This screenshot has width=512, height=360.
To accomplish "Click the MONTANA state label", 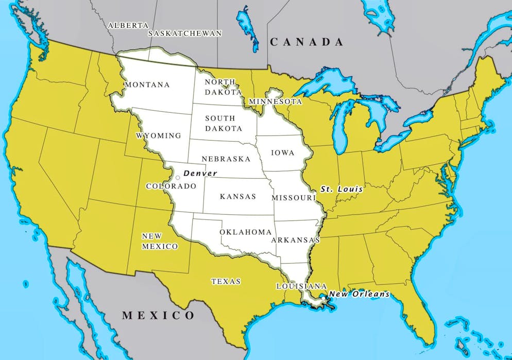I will pos(147,84).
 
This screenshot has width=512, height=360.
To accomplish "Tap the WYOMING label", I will pos(159,136).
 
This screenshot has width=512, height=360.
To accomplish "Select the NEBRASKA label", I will pos(226,159).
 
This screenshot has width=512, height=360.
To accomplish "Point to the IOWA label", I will pos(283,153).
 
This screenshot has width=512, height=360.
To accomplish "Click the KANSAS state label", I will pos(238,197).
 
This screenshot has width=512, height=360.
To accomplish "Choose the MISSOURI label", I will pos(294,198).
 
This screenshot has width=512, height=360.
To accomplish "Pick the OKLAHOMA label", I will pos(246,232).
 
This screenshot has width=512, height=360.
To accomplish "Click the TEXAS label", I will pos(226,281).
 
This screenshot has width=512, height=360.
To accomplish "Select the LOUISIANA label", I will pos(301,286).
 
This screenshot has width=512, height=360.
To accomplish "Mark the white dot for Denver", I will pos(178,178).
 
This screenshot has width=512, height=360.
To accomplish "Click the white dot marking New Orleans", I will pos(323,298).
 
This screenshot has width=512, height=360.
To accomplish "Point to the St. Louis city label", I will pos(342,189).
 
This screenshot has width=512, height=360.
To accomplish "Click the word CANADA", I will pos(307,43).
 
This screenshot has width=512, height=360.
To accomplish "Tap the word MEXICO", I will pos(159,315).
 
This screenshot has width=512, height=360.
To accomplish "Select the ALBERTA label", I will pos(128,25).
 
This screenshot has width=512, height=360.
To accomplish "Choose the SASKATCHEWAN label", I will pos(185,33).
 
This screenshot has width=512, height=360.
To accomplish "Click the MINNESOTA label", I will pos(275,101).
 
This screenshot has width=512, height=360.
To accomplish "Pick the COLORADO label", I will pos(171,186).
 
